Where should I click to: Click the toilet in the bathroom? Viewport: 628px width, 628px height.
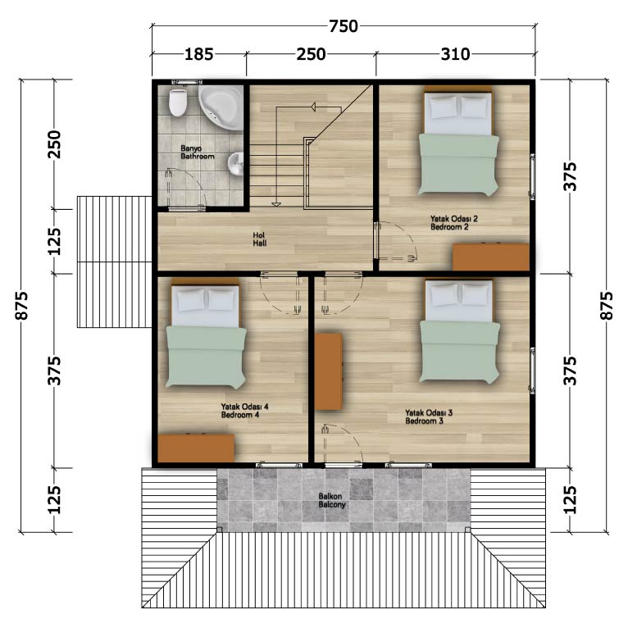point(178,102)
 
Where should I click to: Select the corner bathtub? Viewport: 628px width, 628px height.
point(221,107)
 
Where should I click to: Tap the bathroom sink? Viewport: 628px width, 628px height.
point(235,164)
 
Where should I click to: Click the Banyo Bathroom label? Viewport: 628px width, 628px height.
point(197,152)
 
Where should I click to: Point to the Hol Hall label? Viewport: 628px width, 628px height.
point(260,239)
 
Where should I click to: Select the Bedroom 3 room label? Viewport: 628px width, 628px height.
point(424,421)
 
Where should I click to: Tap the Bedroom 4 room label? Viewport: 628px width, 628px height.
point(240,415)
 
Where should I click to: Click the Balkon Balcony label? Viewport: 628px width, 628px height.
point(331,501)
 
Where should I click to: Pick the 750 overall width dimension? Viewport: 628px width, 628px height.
point(344,26)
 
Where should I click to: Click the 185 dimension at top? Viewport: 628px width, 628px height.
point(198,54)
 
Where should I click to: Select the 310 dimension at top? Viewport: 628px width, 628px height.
point(455,54)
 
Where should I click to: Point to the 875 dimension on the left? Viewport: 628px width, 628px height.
point(21,306)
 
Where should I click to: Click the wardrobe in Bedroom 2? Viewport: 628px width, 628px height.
point(491,257)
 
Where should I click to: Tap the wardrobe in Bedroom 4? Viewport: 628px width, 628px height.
point(196,448)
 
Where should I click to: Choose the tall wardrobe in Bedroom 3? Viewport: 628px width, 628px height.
point(328,371)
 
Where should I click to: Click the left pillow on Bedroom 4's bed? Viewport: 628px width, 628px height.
point(190,300)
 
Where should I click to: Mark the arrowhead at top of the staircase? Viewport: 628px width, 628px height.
point(313,107)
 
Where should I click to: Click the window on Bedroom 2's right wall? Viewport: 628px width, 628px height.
point(533,176)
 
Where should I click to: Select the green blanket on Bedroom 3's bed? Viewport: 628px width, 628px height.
point(460,351)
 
